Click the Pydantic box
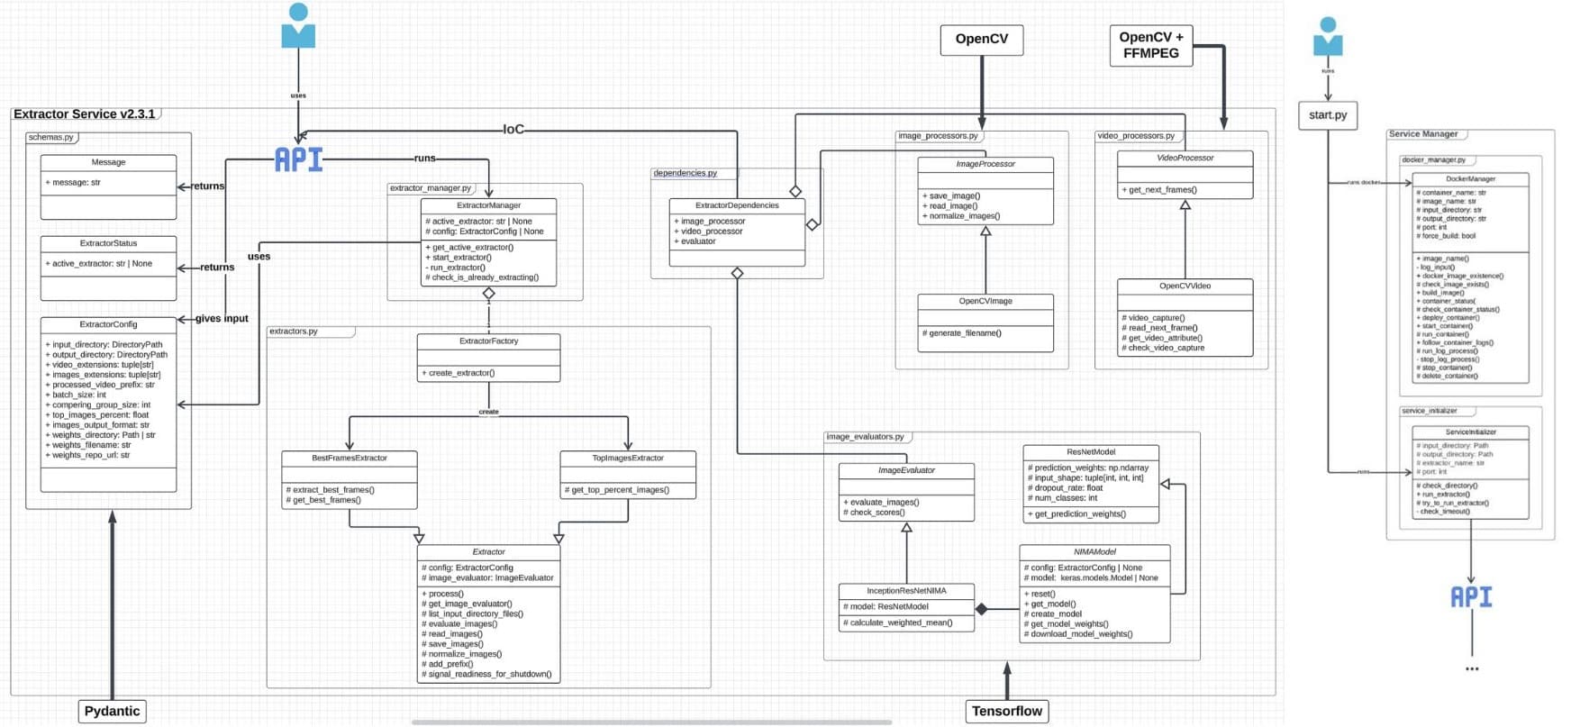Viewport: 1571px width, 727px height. point(112,711)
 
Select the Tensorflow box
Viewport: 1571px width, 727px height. point(1006,711)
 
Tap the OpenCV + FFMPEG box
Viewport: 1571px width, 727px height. point(1150,45)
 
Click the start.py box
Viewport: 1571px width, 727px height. point(1327,115)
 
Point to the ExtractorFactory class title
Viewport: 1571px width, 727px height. point(488,341)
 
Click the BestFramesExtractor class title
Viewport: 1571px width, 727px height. point(350,458)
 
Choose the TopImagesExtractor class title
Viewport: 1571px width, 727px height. point(628,458)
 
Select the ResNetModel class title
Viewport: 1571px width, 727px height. point(1090,451)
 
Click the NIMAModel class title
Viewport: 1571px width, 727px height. point(1094,551)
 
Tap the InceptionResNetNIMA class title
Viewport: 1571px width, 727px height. point(906,591)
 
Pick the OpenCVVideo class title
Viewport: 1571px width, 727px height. point(1185,286)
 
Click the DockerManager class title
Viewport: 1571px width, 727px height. point(1470,179)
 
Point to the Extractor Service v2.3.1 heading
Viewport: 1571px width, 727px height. point(84,114)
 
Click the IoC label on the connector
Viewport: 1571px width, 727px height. point(513,130)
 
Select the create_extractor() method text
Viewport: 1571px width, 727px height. point(461,373)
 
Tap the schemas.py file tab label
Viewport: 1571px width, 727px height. point(50,138)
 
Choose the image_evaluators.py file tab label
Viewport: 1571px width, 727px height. point(865,437)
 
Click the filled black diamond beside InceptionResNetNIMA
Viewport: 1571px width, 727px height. point(982,610)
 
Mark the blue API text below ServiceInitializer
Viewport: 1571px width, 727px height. point(1470,596)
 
